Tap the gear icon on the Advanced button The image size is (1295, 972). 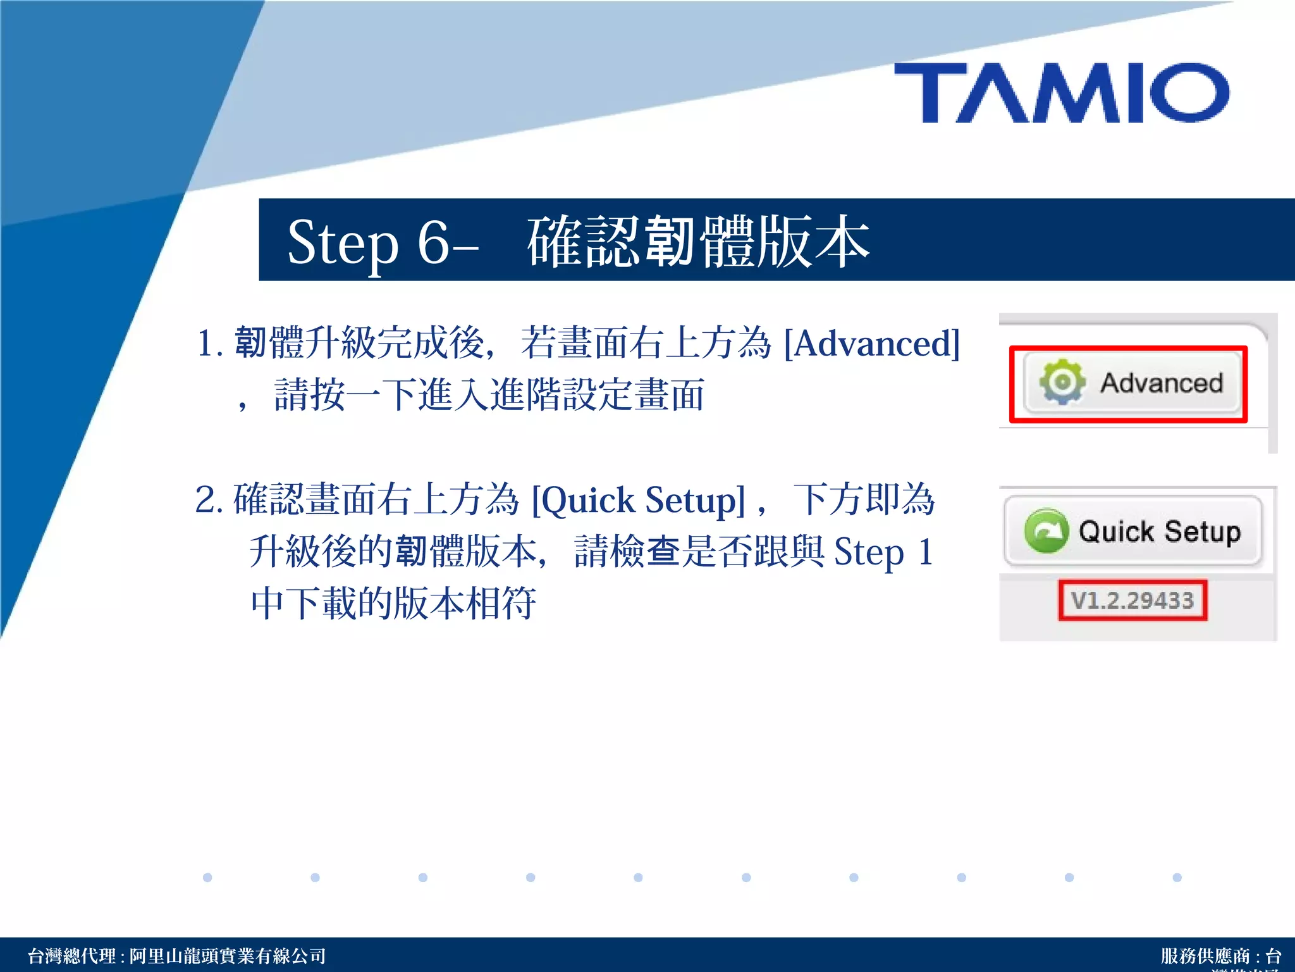1062,382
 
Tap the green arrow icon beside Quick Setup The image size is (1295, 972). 1046,531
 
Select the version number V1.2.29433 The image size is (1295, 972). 1132,600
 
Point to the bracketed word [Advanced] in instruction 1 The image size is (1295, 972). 872,344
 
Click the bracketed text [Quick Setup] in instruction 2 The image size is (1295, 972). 639,501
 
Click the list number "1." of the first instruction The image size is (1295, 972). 209,344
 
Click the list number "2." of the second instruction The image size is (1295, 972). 209,500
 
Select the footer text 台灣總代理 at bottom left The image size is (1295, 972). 71,956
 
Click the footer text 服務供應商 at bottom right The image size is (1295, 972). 1205,956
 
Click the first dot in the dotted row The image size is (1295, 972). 207,877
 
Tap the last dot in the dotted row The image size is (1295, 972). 1177,877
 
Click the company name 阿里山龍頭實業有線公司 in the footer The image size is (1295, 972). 228,956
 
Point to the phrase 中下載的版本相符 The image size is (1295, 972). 393,602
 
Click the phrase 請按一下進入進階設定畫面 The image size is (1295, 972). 489,395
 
